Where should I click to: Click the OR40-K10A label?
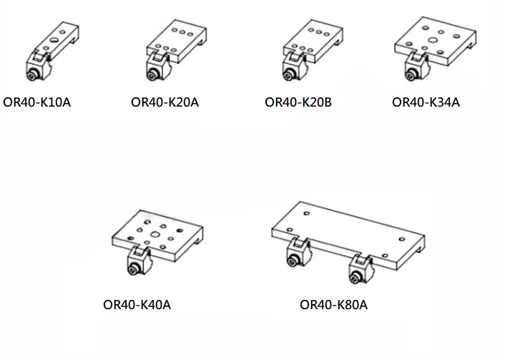[x=36, y=102]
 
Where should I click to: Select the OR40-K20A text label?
[x=165, y=102]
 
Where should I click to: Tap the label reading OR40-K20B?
[x=298, y=102]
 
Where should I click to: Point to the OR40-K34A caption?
[x=426, y=102]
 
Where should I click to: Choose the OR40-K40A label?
[x=137, y=305]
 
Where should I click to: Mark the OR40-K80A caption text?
[x=333, y=305]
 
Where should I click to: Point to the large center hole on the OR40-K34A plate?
[x=431, y=42]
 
